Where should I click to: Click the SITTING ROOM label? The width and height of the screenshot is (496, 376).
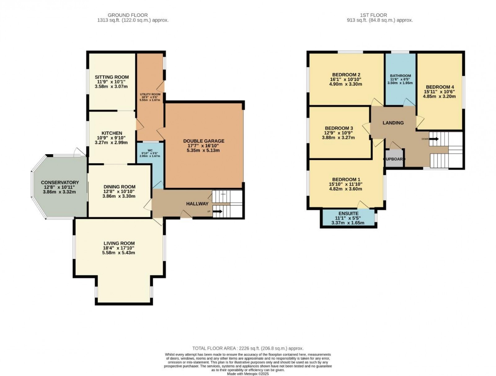click(x=112, y=77)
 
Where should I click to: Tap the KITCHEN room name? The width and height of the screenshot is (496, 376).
click(x=112, y=133)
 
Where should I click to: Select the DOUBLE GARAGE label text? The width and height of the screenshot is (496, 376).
click(x=204, y=141)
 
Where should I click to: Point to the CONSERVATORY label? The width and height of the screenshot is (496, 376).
click(x=60, y=182)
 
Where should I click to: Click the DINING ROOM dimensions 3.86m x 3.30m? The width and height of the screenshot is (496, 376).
click(x=119, y=196)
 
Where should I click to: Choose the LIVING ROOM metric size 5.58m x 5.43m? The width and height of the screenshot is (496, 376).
click(x=118, y=252)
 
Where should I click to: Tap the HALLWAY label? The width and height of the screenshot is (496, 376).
click(x=197, y=203)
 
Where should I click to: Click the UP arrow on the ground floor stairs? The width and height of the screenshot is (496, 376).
click(x=217, y=212)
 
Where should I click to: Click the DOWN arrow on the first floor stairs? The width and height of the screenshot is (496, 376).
click(x=434, y=139)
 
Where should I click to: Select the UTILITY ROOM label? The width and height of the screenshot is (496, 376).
click(x=150, y=94)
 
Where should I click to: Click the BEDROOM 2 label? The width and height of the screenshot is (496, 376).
click(x=346, y=75)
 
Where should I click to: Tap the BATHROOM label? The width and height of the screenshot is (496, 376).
click(x=400, y=76)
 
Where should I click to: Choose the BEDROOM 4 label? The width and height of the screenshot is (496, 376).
click(x=440, y=87)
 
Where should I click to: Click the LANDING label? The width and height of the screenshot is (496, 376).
click(x=393, y=123)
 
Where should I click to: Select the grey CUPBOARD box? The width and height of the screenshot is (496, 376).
click(x=394, y=159)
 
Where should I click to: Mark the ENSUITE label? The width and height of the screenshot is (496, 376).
click(x=348, y=213)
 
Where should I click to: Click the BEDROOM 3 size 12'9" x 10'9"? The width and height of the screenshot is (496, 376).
click(x=339, y=133)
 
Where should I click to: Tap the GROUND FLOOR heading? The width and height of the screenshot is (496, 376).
click(x=127, y=15)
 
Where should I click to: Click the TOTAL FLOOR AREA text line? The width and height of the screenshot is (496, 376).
click(x=248, y=348)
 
